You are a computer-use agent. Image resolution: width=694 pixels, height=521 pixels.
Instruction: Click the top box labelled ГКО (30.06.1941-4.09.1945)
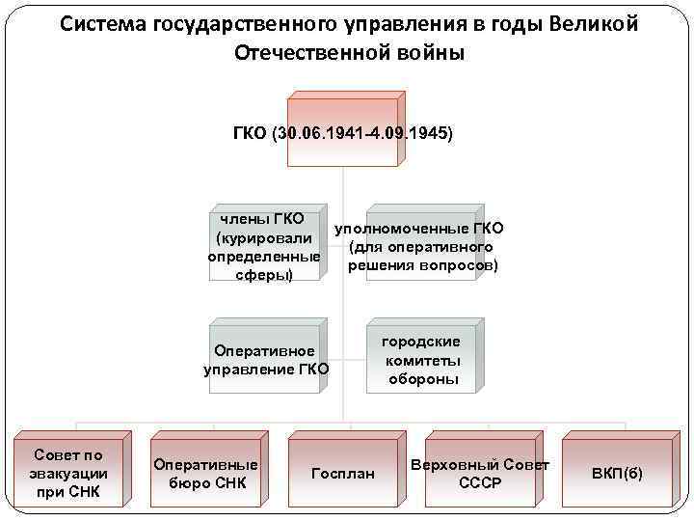[x=343, y=132]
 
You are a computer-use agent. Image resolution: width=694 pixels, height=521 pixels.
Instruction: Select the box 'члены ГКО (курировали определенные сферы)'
[x=264, y=248]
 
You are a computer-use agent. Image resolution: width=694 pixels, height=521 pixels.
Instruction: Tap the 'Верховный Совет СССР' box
[x=480, y=473]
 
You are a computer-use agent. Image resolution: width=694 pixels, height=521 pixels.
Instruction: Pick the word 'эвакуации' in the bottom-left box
[x=68, y=474]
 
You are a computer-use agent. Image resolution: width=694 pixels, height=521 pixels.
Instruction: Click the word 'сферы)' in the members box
[x=264, y=276]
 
